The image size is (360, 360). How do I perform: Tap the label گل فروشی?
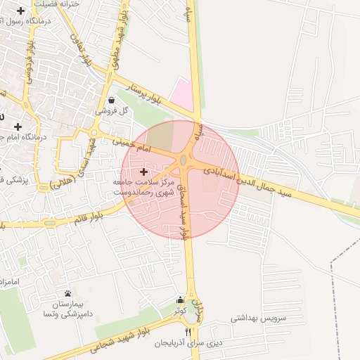[x=112, y=111]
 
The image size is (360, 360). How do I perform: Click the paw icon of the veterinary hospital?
[x=67, y=293]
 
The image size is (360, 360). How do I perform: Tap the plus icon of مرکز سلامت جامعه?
[x=143, y=171]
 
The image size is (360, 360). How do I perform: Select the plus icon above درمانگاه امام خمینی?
[x=18, y=127]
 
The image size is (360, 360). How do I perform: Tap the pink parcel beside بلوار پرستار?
[x=183, y=94]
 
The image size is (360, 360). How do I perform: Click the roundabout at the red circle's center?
[x=183, y=161]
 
